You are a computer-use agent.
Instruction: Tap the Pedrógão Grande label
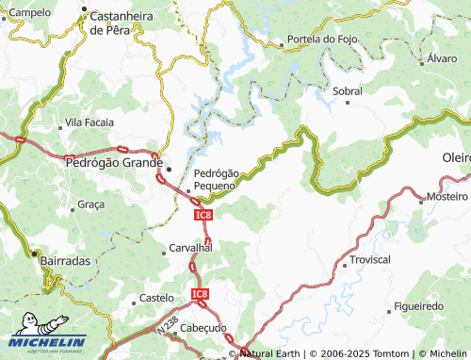point(109,163)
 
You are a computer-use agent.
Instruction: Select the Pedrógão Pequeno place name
point(216,179)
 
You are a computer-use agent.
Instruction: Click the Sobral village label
point(347,91)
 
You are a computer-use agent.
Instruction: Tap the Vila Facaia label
point(89,123)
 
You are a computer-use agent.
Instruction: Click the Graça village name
point(90,204)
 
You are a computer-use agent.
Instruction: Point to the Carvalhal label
point(190,247)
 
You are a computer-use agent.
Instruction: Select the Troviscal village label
point(369,259)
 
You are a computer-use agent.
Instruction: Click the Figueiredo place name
point(418,307)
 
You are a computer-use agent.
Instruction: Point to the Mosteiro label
point(447,197)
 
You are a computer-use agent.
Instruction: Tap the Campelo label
point(30,13)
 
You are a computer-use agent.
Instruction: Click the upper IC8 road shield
point(203,216)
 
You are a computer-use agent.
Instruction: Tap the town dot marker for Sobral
point(348,103)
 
